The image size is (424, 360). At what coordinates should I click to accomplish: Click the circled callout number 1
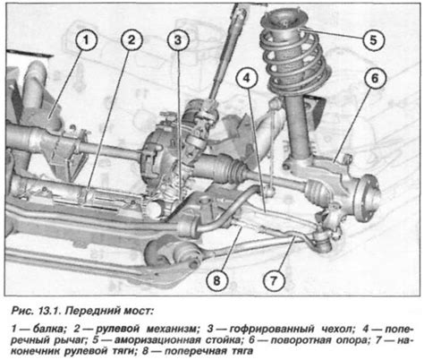click(86, 39)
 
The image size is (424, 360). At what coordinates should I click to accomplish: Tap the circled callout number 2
click(131, 39)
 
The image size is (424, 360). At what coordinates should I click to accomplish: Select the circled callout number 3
click(179, 39)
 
